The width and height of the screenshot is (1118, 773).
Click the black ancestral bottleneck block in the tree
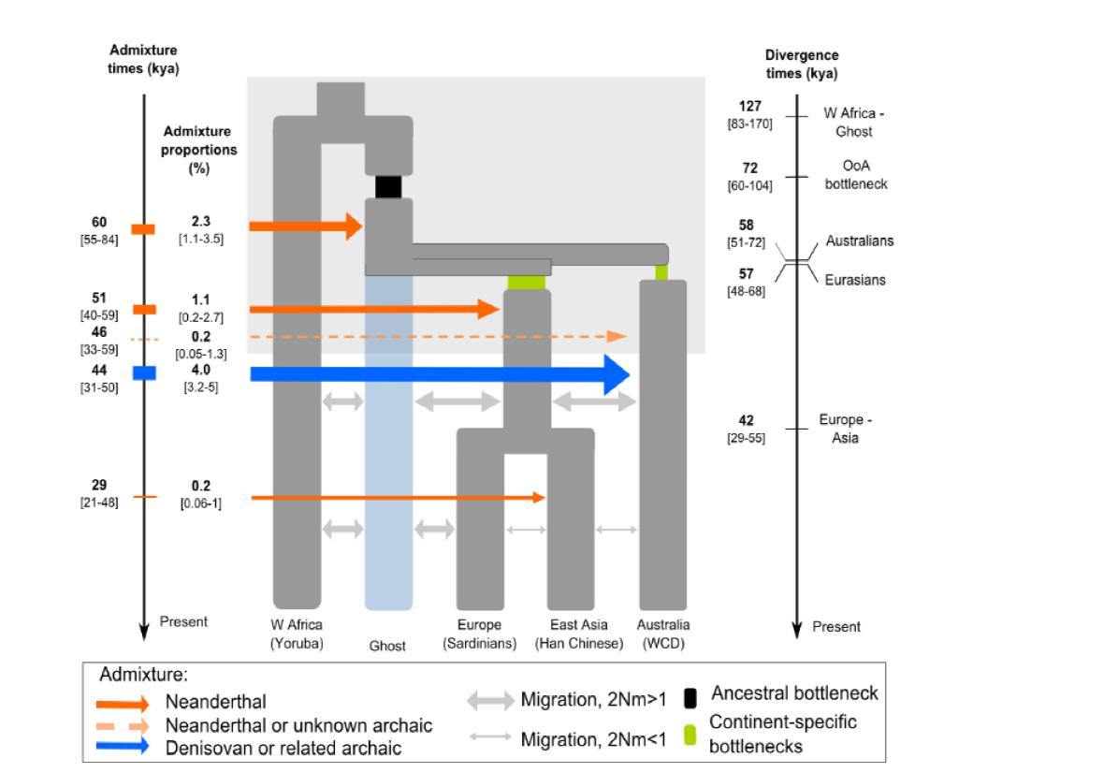tap(388, 186)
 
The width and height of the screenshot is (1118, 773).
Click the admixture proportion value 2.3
tap(201, 223)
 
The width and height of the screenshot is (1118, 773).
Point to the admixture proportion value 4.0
tap(201, 370)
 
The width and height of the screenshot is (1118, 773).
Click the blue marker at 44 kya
tap(143, 373)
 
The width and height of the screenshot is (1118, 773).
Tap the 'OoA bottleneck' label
tap(855, 175)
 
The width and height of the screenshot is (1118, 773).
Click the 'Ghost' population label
tap(386, 646)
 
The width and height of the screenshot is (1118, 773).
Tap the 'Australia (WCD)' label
tap(662, 634)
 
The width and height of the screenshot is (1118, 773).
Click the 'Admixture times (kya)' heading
tap(143, 60)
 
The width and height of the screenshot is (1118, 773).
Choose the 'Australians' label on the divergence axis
tap(859, 241)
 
